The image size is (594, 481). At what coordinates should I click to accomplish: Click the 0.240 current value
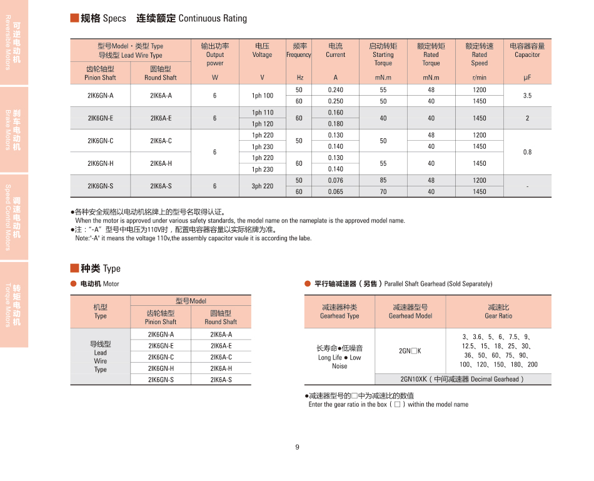click(335, 90)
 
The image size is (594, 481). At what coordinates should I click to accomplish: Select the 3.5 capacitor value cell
click(527, 96)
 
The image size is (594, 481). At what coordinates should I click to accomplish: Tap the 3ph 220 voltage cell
click(263, 186)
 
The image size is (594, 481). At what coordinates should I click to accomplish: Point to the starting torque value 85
click(383, 181)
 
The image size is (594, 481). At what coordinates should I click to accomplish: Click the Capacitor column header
click(527, 51)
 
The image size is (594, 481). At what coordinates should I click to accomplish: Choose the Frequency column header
click(299, 51)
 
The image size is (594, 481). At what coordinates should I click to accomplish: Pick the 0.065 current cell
click(335, 192)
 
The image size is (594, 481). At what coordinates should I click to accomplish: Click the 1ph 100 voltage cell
click(263, 96)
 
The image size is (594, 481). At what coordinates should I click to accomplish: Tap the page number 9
click(297, 447)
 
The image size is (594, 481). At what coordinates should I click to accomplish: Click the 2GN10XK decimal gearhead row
click(463, 379)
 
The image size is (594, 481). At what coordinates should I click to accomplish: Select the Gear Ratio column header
click(498, 311)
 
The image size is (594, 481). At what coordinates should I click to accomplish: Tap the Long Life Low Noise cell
click(340, 357)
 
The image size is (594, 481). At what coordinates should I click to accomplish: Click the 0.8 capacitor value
click(527, 152)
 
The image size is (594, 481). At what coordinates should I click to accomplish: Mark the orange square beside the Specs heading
click(74, 18)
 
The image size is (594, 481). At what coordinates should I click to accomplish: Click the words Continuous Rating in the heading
click(213, 19)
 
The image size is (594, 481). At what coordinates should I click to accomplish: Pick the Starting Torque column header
click(383, 54)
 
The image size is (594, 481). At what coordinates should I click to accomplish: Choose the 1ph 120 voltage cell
click(263, 124)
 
